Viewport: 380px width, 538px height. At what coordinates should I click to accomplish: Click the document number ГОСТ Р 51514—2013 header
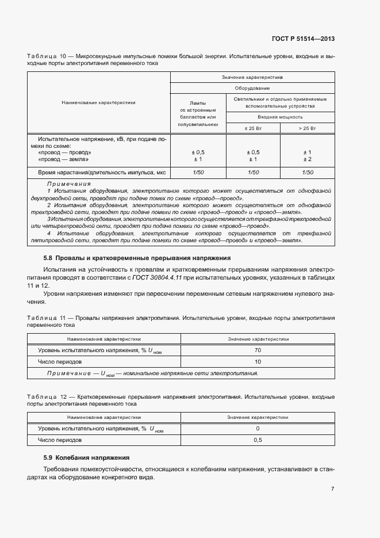click(302, 39)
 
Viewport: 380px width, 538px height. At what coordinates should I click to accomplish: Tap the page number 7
click(332, 489)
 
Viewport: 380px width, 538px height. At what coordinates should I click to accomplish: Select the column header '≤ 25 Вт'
click(253, 128)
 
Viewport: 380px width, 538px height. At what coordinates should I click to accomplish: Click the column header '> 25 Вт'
click(308, 128)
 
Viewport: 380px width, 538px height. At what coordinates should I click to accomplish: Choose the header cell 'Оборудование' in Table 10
click(252, 89)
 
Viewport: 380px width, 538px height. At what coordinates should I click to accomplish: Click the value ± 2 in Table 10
click(308, 159)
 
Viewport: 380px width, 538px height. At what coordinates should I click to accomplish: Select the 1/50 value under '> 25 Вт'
click(308, 173)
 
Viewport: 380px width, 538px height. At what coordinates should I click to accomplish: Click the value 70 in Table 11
click(258, 350)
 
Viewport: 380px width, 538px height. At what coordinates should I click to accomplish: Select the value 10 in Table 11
click(258, 362)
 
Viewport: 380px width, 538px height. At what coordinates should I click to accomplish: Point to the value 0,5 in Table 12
click(258, 440)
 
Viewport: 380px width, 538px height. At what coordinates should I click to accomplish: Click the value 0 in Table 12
click(258, 429)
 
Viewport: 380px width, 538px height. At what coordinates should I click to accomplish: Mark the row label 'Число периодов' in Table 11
click(60, 362)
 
